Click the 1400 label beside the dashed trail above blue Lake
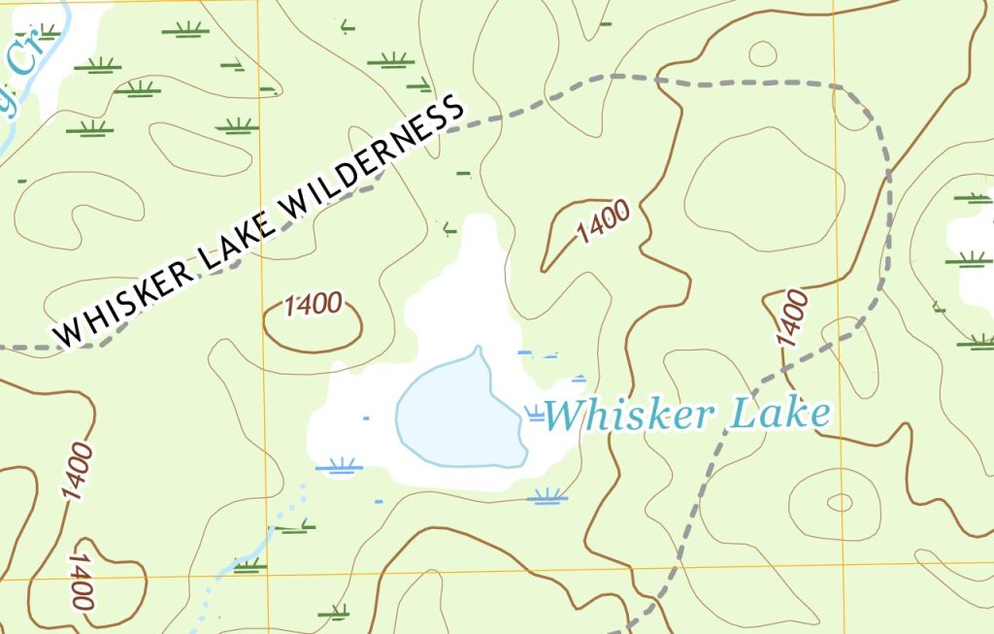tap(791, 318)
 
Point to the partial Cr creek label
tap(19, 67)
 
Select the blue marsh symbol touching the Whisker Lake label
tap(535, 416)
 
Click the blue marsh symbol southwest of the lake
tap(340, 466)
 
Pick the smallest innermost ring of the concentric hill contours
tap(839, 502)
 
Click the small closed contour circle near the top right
tap(763, 53)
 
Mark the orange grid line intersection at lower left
tap(265, 576)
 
